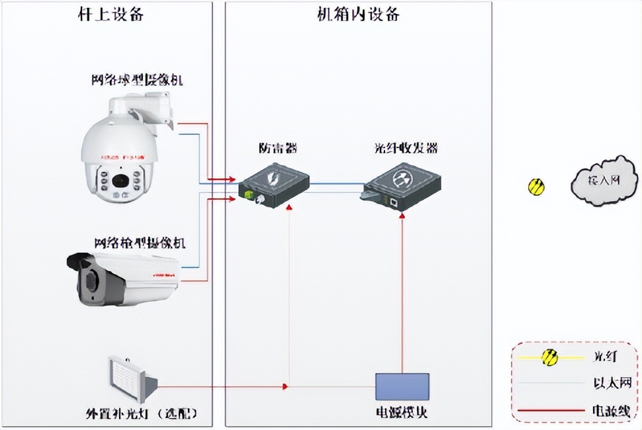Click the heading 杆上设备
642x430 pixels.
pyautogui.click(x=111, y=15)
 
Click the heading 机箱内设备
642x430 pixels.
pyautogui.click(x=358, y=15)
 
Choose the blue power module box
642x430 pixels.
pyautogui.click(x=402, y=386)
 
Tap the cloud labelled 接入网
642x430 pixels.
pyautogui.click(x=598, y=179)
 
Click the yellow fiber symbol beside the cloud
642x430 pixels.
pyautogui.click(x=536, y=187)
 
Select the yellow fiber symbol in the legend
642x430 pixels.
pyautogui.click(x=549, y=358)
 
